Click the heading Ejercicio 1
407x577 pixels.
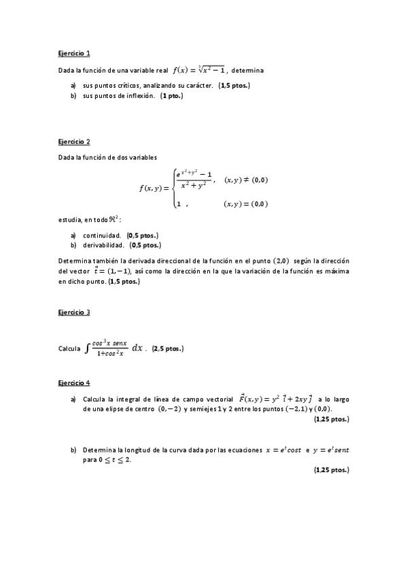tap(74, 53)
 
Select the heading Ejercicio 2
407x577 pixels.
tap(74, 142)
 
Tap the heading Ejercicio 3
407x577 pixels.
tap(74, 312)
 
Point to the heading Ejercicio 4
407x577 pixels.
tap(74, 383)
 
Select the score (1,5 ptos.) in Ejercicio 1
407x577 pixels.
tap(234, 86)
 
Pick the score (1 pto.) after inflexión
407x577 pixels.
tap(171, 96)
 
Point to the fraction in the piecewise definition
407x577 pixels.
tap(194, 180)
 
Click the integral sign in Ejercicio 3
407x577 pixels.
tap(87, 348)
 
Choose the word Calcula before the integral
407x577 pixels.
tap(69, 349)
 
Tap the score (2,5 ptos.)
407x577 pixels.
tap(168, 349)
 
